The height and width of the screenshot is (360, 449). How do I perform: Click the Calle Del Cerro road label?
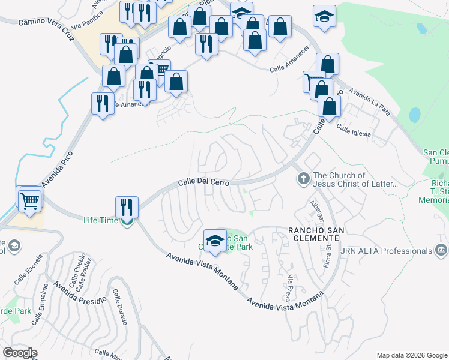click(204, 182)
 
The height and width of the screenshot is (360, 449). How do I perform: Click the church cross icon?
click(303, 178)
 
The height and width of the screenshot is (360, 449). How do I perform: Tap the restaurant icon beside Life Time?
click(127, 207)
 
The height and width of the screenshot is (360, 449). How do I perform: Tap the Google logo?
click(19, 353)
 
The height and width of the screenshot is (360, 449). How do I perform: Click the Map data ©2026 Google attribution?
click(411, 355)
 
